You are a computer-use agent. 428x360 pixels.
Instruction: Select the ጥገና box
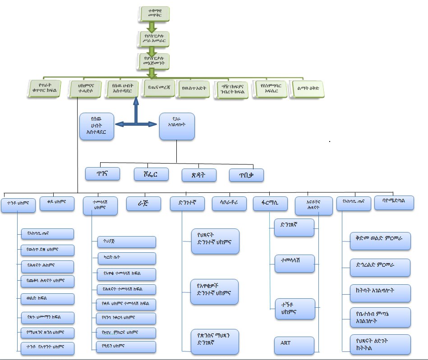102,173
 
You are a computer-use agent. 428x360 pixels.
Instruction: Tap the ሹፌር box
151,174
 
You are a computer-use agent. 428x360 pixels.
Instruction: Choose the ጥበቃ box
246,175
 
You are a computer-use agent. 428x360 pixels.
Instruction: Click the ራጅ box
143,204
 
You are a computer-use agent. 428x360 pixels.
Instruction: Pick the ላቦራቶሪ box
230,204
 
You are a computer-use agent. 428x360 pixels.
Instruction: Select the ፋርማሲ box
270,204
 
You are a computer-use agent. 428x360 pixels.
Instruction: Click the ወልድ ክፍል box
47,299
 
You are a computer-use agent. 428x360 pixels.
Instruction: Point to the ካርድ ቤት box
126,258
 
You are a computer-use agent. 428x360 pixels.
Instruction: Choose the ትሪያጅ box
126,242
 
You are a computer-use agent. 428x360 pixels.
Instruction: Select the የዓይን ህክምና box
126,346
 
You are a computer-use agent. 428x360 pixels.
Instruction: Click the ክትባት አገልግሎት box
380,293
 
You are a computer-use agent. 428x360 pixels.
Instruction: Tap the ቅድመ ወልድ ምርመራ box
380,241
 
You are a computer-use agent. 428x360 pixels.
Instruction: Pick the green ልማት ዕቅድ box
308,88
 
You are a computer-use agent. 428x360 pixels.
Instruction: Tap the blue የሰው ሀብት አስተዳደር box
96,126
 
